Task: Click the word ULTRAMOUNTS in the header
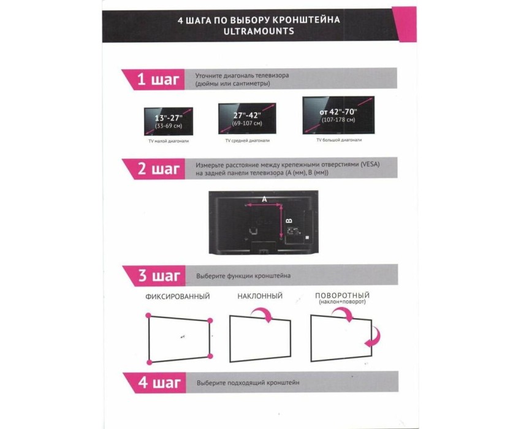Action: (259, 31)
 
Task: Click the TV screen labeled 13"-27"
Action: (169, 121)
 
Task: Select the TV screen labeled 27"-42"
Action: (247, 119)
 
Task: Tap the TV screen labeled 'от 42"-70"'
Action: (338, 115)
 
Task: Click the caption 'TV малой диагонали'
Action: (169, 141)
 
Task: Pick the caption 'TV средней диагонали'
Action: (248, 140)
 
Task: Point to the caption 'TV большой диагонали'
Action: (339, 140)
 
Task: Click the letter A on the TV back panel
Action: (264, 199)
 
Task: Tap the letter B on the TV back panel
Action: (289, 221)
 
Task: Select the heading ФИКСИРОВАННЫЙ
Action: (177, 297)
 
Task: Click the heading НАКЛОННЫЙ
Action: (260, 296)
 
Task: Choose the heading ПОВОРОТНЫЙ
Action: (342, 295)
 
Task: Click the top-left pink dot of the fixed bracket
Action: (148, 316)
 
